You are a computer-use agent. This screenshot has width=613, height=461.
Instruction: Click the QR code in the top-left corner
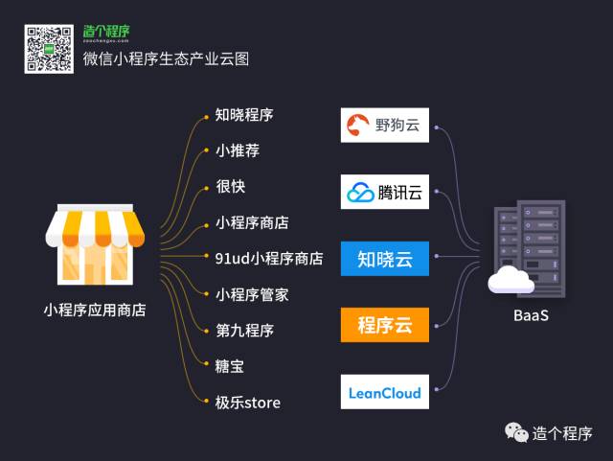pyautogui.click(x=49, y=49)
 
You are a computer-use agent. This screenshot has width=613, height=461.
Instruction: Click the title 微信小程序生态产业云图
pyautogui.click(x=166, y=58)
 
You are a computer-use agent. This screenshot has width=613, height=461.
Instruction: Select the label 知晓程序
pyautogui.click(x=244, y=115)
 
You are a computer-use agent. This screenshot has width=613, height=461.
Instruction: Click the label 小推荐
pyautogui.click(x=237, y=150)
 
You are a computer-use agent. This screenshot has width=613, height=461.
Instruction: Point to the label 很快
pyautogui.click(x=230, y=187)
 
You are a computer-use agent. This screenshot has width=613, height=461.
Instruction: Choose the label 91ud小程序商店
pyautogui.click(x=269, y=259)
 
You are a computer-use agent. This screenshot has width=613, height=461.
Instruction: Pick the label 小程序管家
pyautogui.click(x=252, y=294)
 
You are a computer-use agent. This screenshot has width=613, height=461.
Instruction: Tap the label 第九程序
pyautogui.click(x=244, y=331)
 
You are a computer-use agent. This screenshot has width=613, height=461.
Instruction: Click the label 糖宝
pyautogui.click(x=230, y=366)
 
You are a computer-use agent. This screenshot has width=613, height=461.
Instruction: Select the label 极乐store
pyautogui.click(x=247, y=403)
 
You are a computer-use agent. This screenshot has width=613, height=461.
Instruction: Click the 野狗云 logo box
pyautogui.click(x=385, y=125)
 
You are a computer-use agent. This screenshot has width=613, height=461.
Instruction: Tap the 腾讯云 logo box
pyautogui.click(x=385, y=192)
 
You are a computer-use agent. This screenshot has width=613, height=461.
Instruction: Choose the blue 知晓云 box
pyautogui.click(x=385, y=259)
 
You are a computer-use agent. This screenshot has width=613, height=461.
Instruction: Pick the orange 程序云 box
pyautogui.click(x=385, y=325)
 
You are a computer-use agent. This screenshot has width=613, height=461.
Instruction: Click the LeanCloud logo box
pyautogui.click(x=385, y=392)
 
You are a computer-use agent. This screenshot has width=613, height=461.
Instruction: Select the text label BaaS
pyautogui.click(x=530, y=314)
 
